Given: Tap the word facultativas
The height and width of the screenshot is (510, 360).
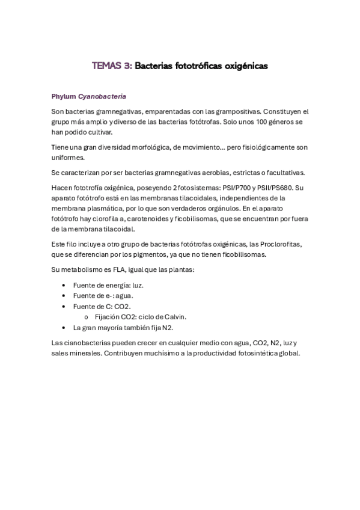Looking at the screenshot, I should (x=285, y=173).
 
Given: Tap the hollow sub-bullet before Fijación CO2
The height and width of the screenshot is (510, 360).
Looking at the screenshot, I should (x=87, y=317).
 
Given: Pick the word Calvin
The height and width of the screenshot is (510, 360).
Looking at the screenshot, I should (x=175, y=317).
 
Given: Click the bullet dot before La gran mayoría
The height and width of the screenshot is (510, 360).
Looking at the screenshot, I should (x=64, y=328).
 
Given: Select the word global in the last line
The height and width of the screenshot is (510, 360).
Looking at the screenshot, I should (x=287, y=354).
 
